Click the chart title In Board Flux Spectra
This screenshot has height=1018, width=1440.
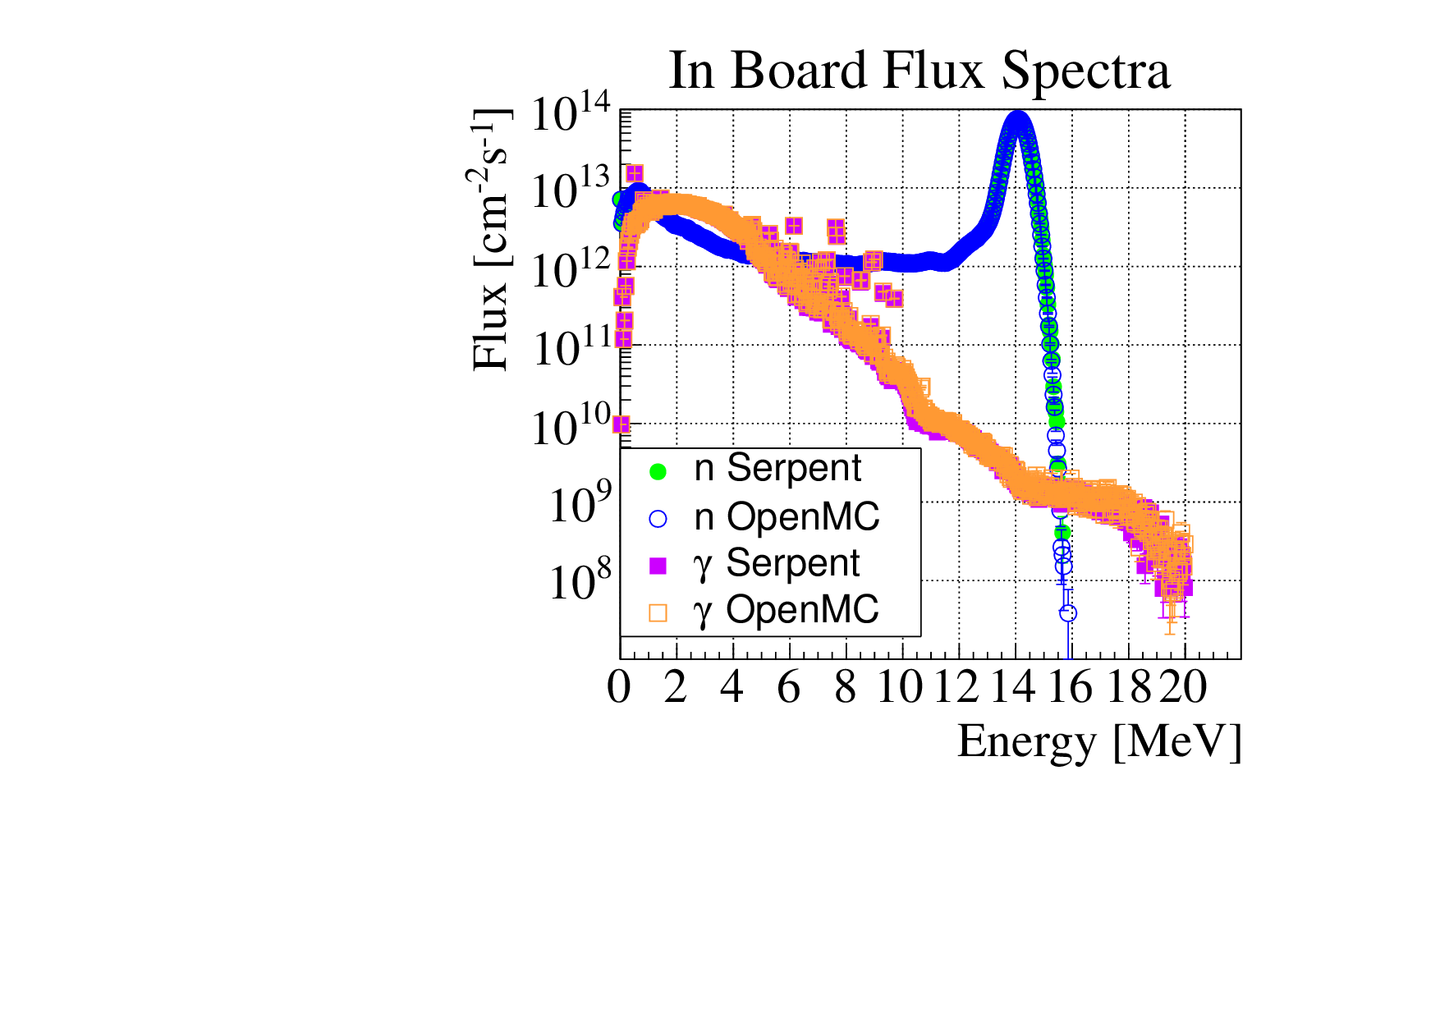919,71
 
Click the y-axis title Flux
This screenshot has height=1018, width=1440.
491,238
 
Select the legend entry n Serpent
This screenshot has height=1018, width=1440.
777,469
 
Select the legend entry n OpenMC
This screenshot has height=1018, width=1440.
786,517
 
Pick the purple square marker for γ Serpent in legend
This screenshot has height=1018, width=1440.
658,565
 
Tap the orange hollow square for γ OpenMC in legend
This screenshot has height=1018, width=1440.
658,612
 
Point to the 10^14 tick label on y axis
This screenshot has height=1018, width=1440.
571,115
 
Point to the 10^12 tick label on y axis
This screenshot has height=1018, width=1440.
571,271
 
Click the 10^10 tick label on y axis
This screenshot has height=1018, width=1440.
571,428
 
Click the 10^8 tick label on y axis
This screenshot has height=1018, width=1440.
579,583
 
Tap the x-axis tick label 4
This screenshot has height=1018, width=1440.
731,687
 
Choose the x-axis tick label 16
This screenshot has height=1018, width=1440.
1071,687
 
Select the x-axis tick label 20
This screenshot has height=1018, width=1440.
1184,687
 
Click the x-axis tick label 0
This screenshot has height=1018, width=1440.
619,687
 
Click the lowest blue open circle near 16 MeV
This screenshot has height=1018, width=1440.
1068,613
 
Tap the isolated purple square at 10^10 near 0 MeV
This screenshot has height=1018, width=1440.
621,424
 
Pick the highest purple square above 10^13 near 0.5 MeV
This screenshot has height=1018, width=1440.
635,172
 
